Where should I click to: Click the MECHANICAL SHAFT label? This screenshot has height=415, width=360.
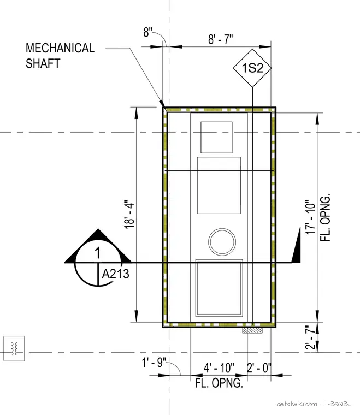(60, 56)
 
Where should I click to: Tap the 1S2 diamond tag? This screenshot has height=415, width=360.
(252, 68)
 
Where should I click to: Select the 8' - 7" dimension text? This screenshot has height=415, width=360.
(221, 39)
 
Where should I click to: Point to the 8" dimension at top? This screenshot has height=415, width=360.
(147, 32)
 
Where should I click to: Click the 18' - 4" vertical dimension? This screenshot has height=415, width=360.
(129, 215)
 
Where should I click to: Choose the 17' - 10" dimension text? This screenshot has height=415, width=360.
(311, 217)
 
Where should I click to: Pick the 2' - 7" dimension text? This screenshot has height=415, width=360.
(311, 337)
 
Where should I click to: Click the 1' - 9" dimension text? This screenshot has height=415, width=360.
(154, 363)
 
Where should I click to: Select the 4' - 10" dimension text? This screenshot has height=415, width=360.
(219, 368)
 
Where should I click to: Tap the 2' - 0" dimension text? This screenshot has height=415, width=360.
(259, 368)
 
